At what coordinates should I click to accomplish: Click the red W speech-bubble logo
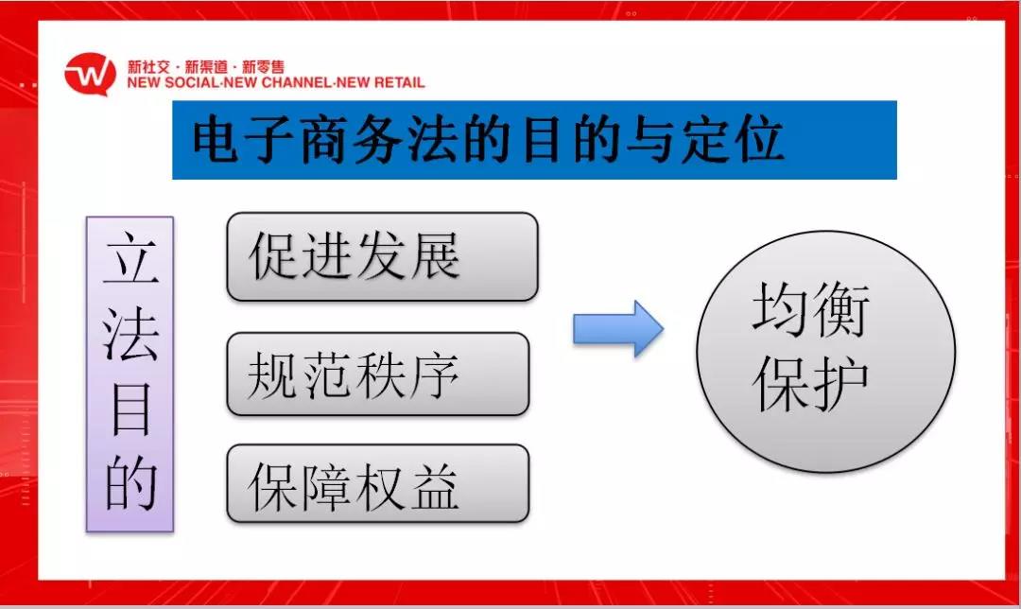(90, 74)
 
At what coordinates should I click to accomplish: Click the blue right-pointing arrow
(618, 328)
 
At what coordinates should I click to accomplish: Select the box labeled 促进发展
(382, 256)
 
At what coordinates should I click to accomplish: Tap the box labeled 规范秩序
(377, 374)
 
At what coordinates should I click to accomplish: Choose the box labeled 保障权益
(377, 483)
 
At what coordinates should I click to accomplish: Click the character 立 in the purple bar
(130, 258)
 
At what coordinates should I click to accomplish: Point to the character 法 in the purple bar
(130, 334)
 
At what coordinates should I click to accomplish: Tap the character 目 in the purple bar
(130, 409)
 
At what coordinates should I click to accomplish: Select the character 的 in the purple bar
(130, 482)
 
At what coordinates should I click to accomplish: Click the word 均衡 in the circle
(811, 309)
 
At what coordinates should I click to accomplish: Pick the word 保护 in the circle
(811, 384)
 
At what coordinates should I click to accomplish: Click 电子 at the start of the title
(244, 139)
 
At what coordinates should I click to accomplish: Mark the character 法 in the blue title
(433, 139)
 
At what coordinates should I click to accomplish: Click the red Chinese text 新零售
(263, 66)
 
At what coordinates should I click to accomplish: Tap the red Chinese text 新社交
(148, 66)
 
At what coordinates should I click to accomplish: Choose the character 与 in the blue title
(651, 139)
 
